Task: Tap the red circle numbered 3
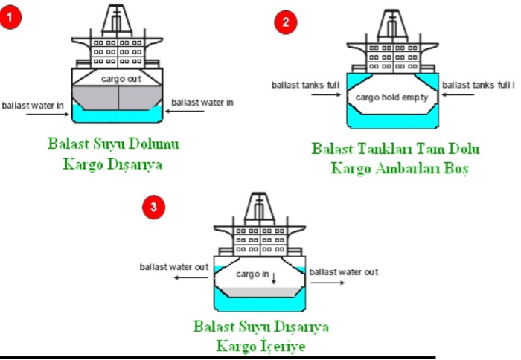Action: pos(153,208)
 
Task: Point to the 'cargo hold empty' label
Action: pos(392,97)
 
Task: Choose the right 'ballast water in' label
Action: pos(202,102)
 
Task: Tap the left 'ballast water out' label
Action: pos(174,266)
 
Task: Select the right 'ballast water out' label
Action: pos(344,272)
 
